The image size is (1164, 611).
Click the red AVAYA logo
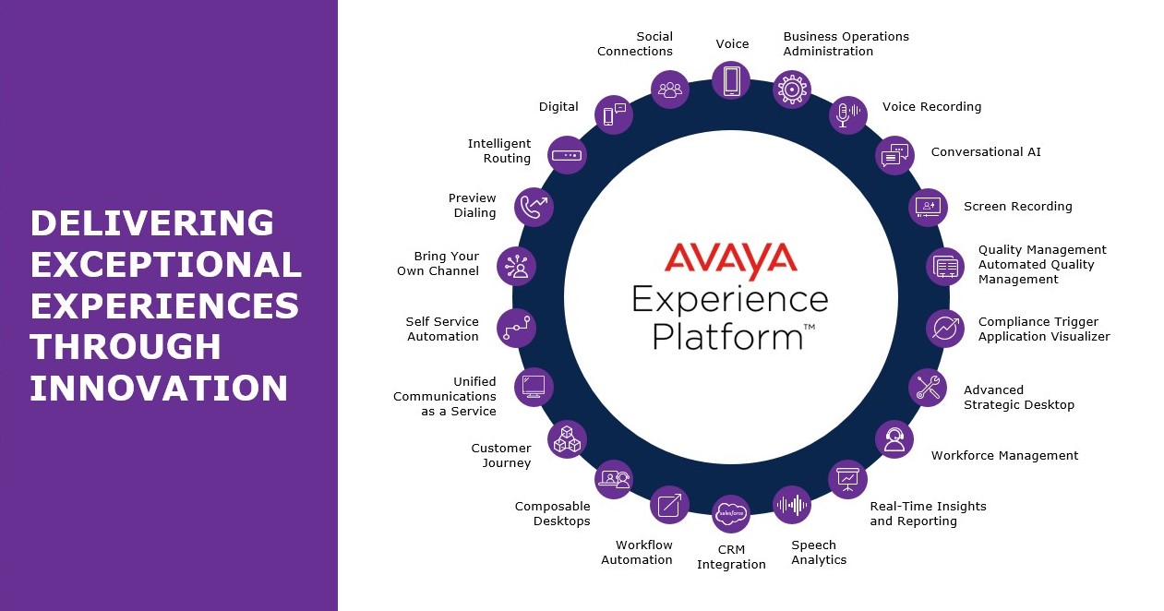(x=729, y=260)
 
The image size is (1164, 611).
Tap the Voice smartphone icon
(x=731, y=80)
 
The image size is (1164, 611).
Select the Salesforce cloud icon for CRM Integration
(x=731, y=513)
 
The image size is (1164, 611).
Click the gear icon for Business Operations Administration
(x=792, y=90)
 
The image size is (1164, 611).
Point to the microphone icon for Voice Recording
(x=847, y=114)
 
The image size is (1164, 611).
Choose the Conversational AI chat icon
(x=894, y=155)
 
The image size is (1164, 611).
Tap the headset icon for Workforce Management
(x=894, y=439)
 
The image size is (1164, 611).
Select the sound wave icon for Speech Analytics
(x=792, y=505)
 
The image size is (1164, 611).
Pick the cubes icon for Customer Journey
(x=567, y=439)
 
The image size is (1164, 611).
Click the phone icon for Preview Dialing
(x=534, y=207)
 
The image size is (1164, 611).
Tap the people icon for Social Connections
(x=670, y=90)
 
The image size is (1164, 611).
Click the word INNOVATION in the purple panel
(x=159, y=388)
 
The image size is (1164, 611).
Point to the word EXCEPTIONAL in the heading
(x=166, y=265)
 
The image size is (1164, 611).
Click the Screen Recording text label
(x=1017, y=207)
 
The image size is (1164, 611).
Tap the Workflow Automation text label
(x=637, y=553)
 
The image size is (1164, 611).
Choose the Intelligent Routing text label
(x=499, y=151)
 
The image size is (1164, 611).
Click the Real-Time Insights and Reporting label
(x=928, y=513)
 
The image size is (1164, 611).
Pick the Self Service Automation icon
(x=516, y=328)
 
